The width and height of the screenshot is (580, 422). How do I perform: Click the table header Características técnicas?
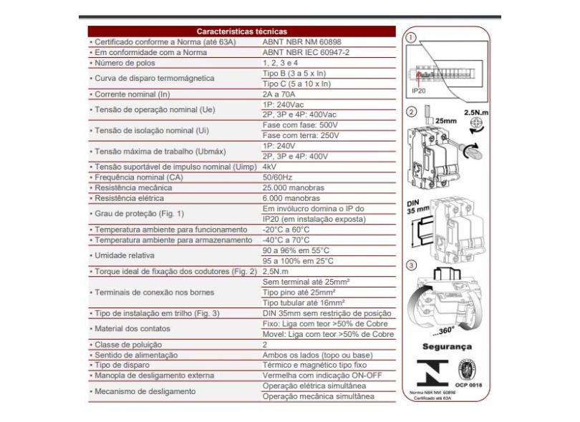(x=241, y=31)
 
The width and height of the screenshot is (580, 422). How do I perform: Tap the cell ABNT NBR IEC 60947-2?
(x=304, y=52)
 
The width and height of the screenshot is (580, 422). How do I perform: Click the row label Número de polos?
(x=127, y=63)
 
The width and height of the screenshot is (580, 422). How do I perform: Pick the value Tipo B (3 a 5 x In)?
(x=296, y=73)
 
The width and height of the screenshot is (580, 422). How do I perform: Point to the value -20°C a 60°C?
(x=287, y=228)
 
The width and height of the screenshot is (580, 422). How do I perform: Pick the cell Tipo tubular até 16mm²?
(x=309, y=303)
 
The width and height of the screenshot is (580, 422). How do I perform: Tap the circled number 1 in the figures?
(x=410, y=37)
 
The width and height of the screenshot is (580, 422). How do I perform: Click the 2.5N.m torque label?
(x=475, y=113)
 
